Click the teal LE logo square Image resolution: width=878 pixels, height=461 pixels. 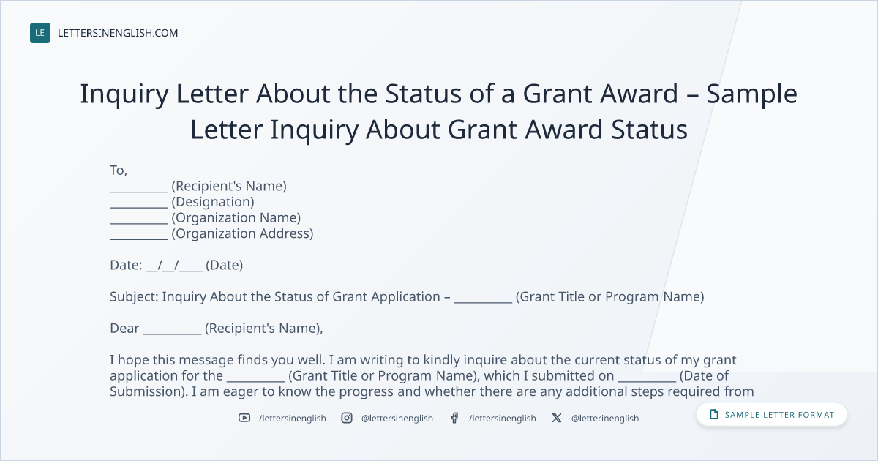pos(40,33)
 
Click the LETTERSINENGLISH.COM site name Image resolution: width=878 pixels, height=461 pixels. pos(118,33)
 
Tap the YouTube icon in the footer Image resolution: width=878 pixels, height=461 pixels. pos(244,418)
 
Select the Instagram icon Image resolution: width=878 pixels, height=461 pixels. pos(347,418)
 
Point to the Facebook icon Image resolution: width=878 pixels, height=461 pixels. pos(454,418)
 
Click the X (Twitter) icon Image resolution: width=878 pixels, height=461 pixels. pos(557,418)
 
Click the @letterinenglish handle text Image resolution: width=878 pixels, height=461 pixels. pos(605,419)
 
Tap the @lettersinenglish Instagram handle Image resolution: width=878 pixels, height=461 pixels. pos(397,419)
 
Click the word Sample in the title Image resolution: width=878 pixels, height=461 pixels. pos(752,94)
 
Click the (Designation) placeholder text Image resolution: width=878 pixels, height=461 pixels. pos(213,202)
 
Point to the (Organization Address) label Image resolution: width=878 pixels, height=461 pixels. pos(242,233)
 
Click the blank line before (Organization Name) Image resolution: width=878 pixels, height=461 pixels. pos(139,223)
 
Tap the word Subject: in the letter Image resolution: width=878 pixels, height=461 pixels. pos(134,297)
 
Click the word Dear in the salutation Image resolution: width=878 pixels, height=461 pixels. pos(124,328)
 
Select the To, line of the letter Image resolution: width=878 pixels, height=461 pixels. pos(119,170)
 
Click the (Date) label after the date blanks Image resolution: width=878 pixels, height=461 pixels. pos(224,266)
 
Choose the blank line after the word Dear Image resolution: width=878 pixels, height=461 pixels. pos(172,334)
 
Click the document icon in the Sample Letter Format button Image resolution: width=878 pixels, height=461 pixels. pos(714,414)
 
